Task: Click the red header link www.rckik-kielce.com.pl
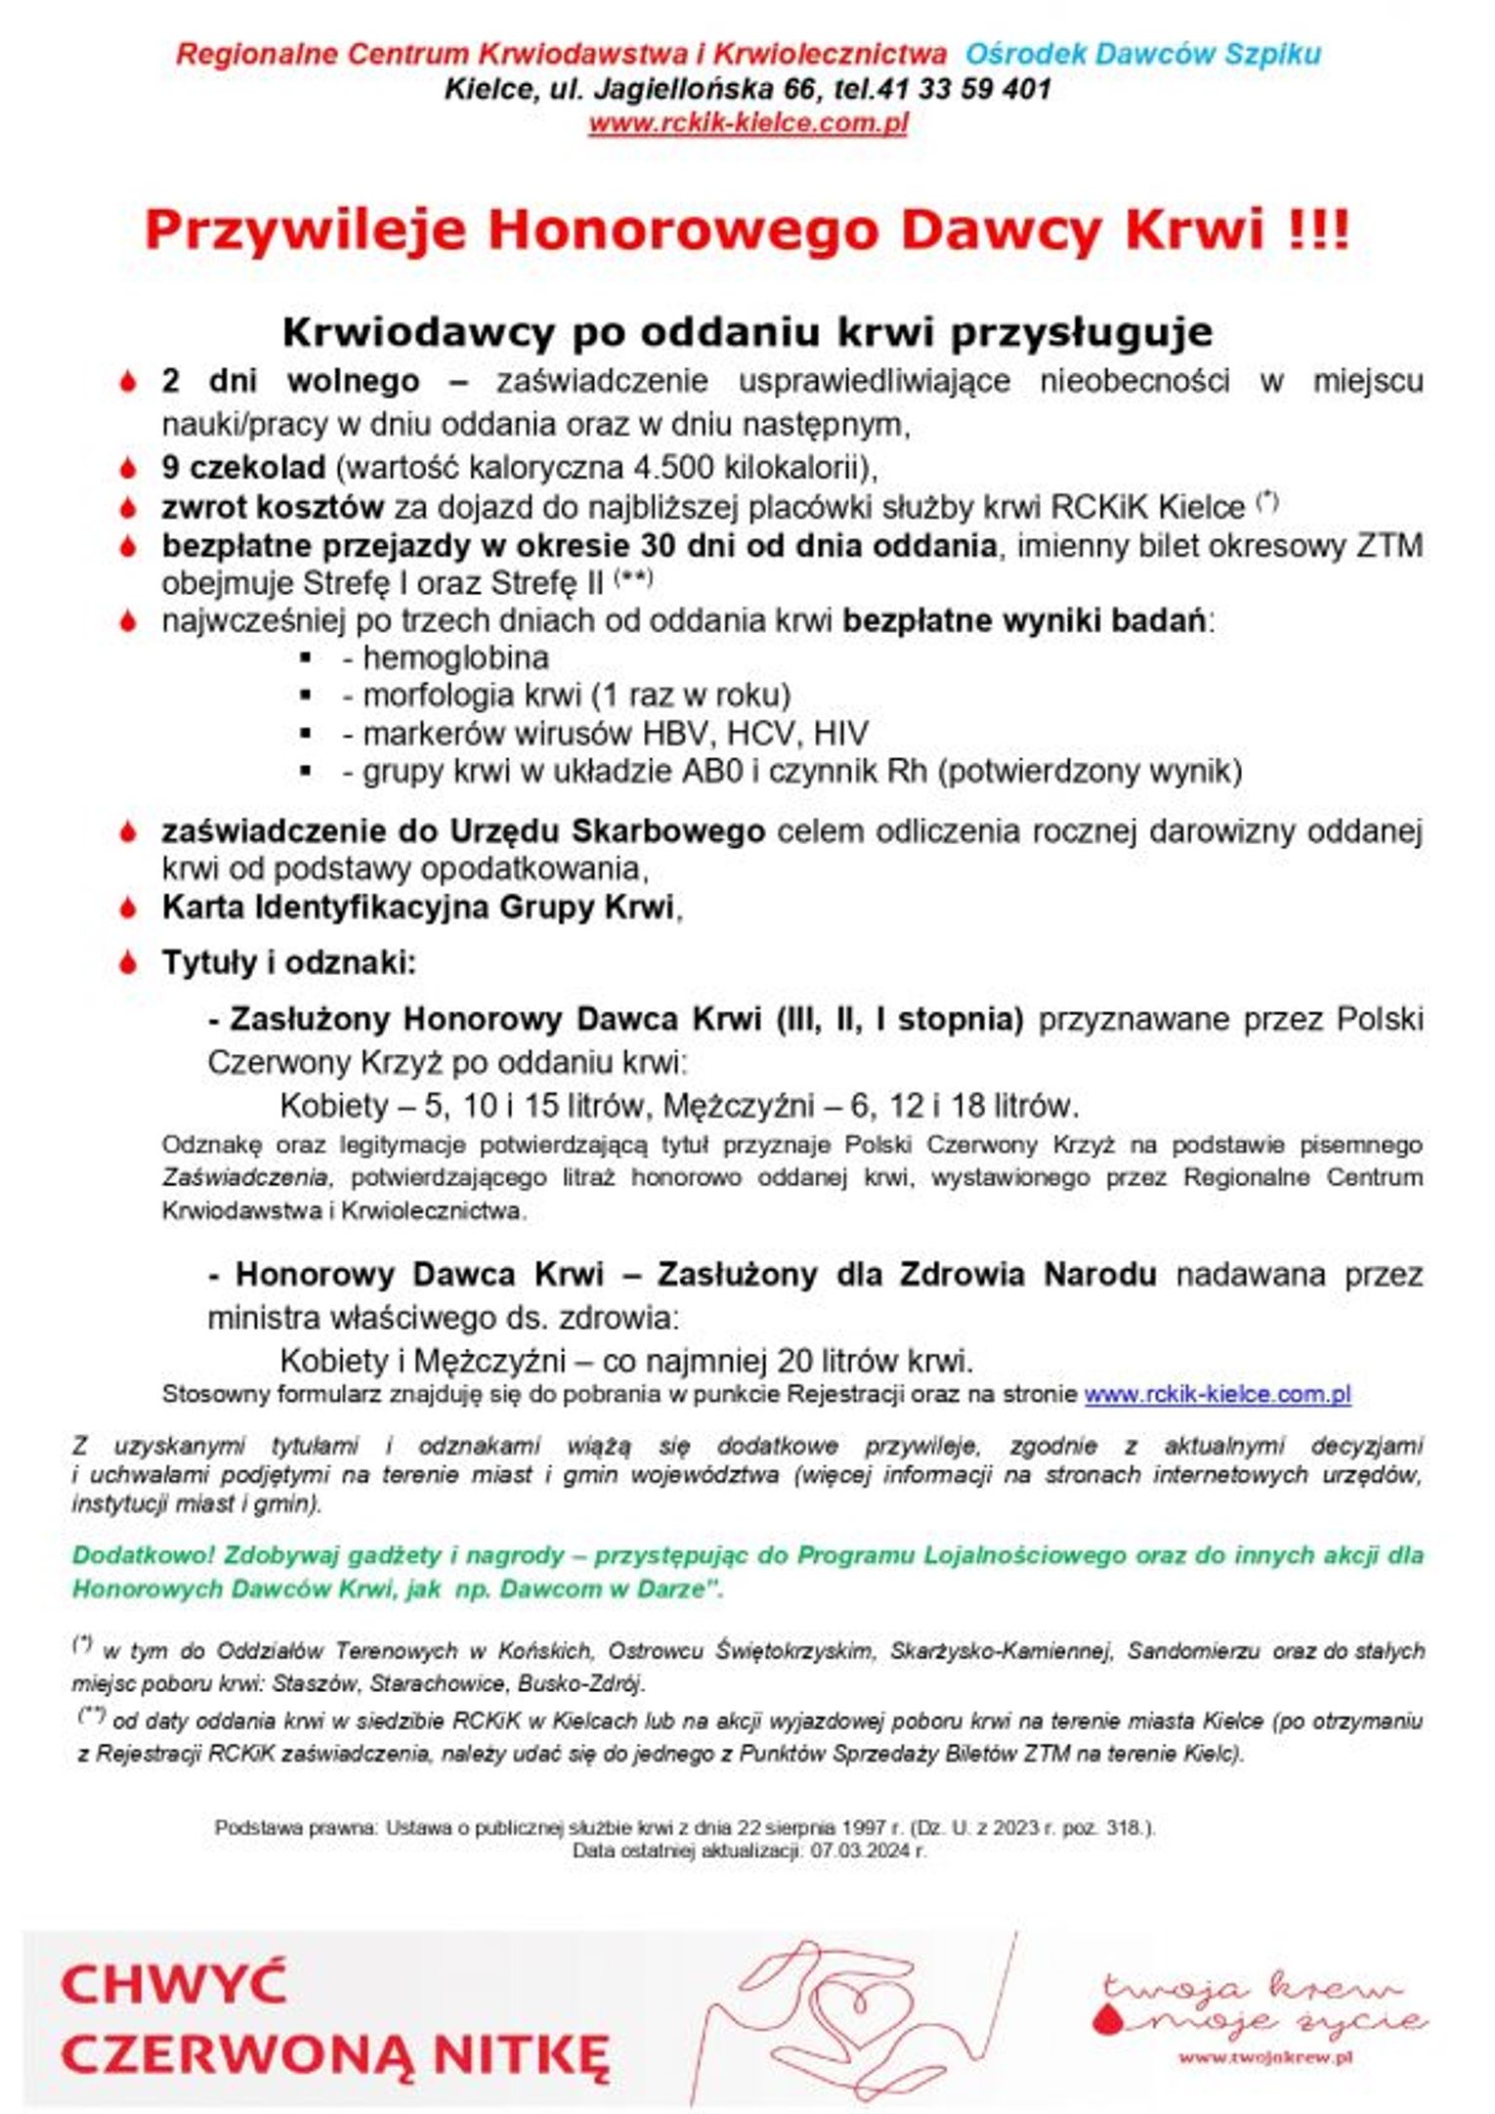(x=747, y=124)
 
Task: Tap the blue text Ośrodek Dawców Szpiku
(x=1142, y=54)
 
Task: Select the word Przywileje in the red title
(x=307, y=231)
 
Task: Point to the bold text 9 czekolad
(x=243, y=467)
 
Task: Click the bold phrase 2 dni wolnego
(x=290, y=380)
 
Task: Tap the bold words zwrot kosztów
(x=273, y=507)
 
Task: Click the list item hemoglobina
(x=455, y=657)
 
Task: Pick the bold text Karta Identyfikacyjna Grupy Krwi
(x=418, y=907)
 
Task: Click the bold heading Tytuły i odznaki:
(x=289, y=962)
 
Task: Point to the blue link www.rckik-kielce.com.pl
(x=1217, y=1394)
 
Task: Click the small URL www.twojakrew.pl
(x=1264, y=2056)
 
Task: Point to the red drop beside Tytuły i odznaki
(x=128, y=963)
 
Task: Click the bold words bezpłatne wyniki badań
(x=1024, y=620)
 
